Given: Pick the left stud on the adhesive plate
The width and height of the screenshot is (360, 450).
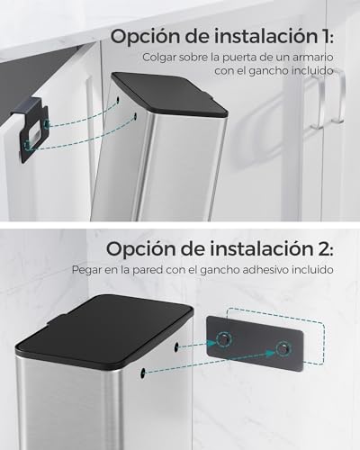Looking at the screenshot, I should (221, 339).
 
